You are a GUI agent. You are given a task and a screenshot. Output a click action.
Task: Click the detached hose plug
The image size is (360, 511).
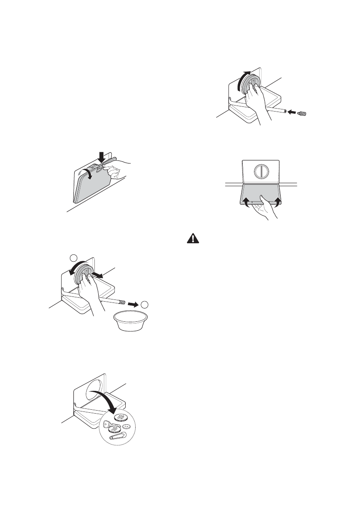point(303,113)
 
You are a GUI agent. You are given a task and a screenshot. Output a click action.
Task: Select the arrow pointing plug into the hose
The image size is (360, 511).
point(291,112)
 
